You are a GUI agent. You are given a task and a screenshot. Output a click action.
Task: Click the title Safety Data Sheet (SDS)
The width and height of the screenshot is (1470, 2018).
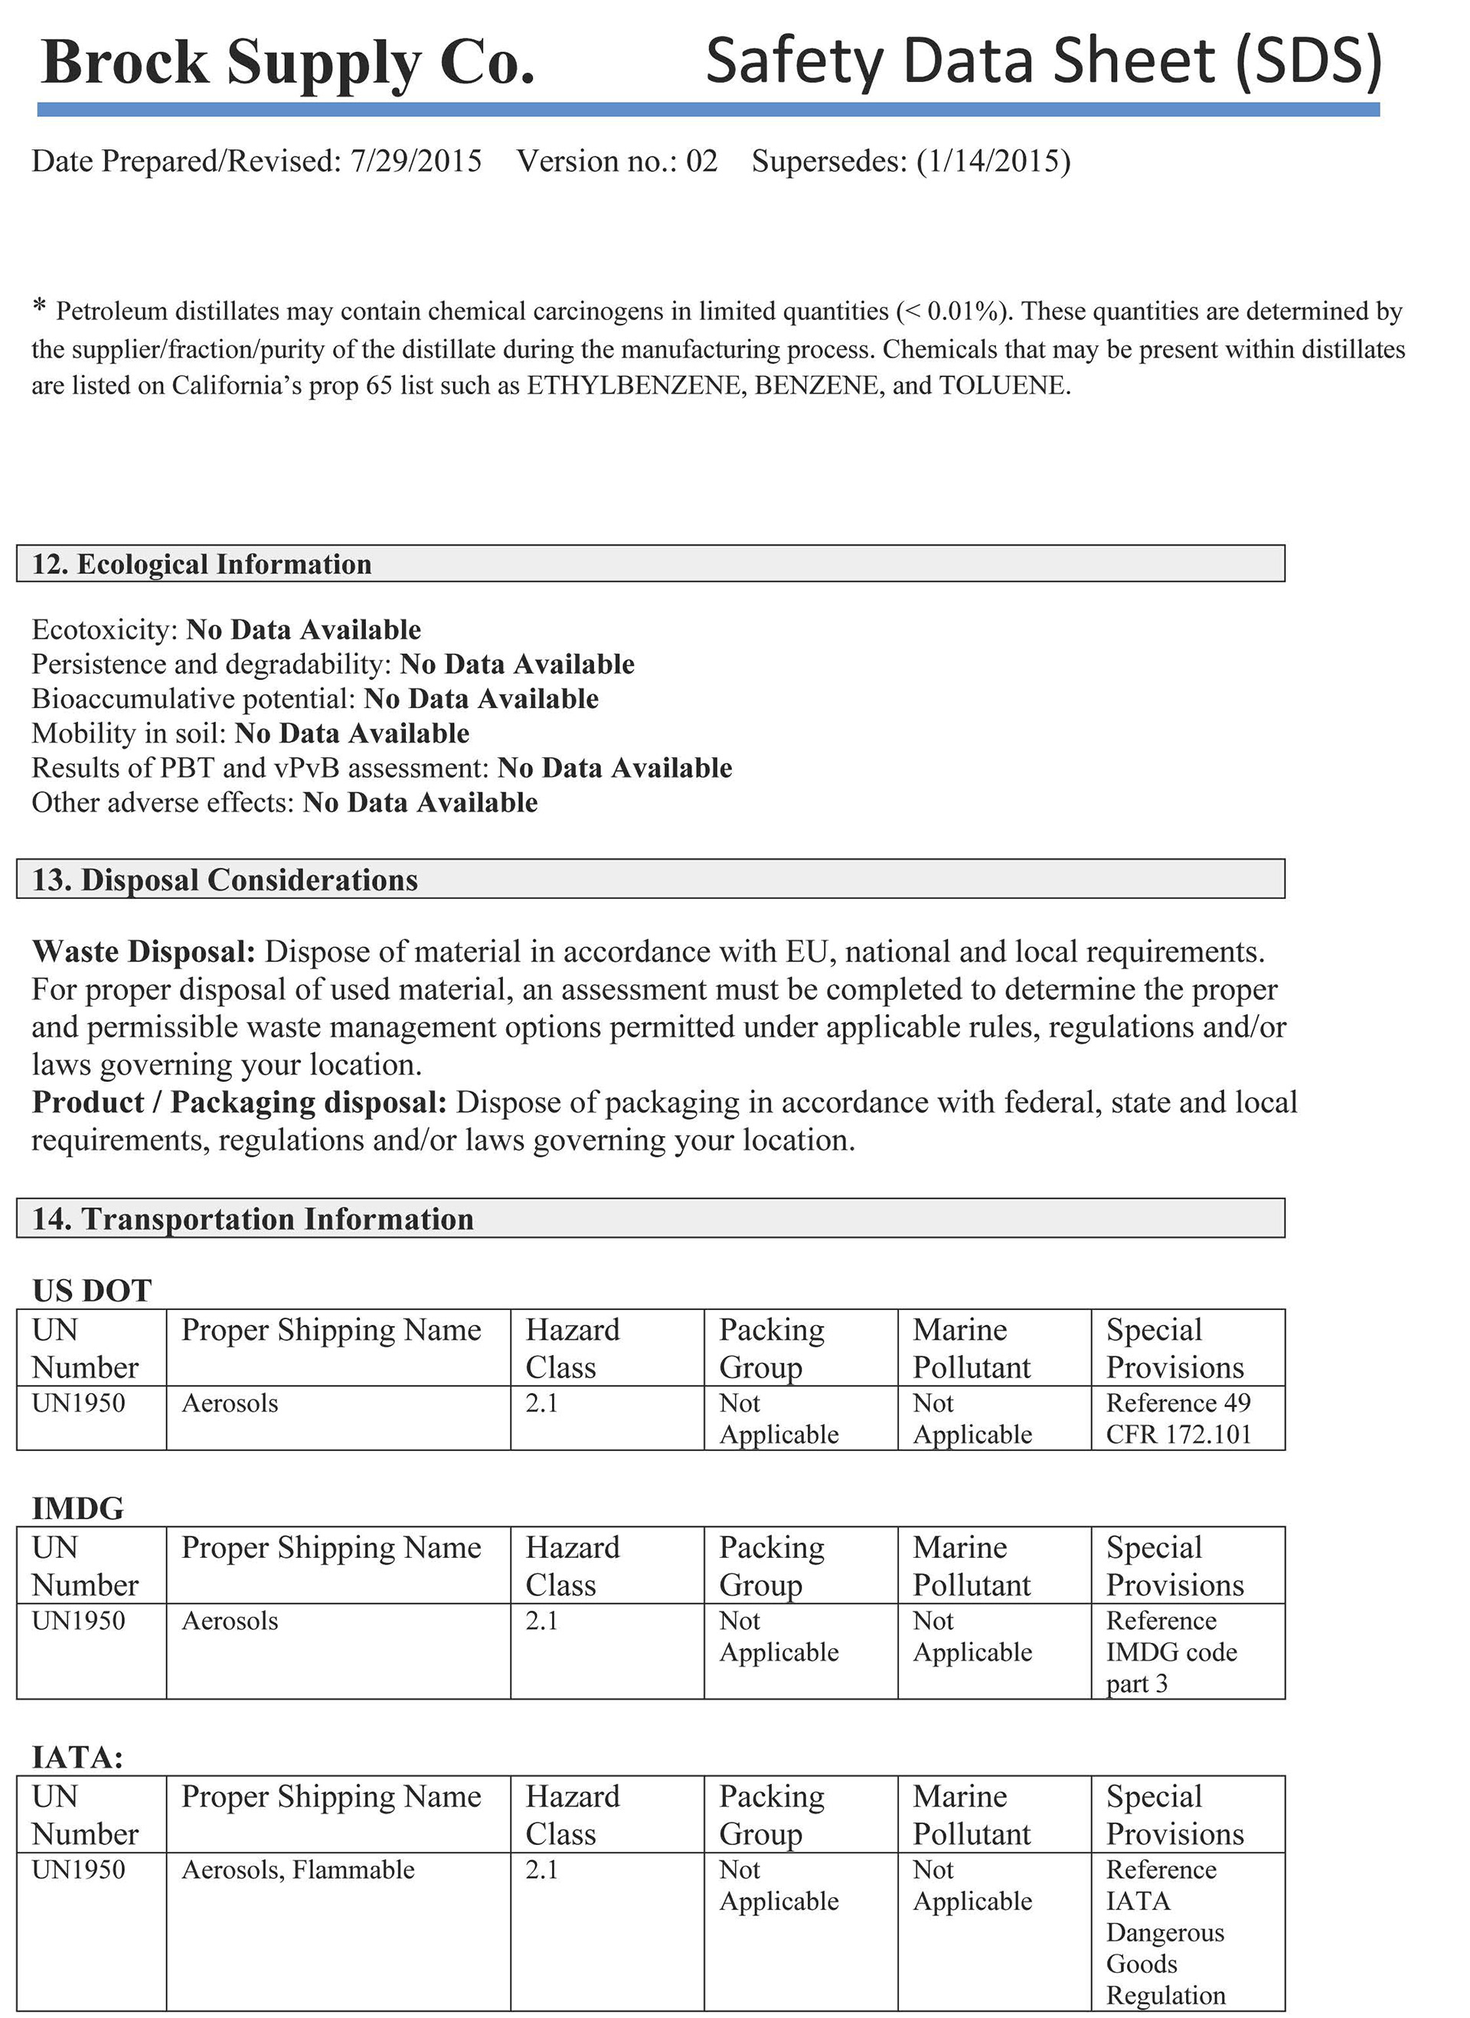pyautogui.click(x=1043, y=60)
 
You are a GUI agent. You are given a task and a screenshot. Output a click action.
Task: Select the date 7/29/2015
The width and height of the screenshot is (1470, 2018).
pyautogui.click(x=416, y=161)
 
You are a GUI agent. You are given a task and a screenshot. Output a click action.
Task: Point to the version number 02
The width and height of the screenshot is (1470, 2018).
pyautogui.click(x=701, y=161)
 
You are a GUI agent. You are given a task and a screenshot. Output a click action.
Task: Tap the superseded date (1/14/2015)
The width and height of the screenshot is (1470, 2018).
pyautogui.click(x=993, y=161)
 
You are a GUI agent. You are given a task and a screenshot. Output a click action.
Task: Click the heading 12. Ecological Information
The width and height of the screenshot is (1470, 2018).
pyautogui.click(x=202, y=564)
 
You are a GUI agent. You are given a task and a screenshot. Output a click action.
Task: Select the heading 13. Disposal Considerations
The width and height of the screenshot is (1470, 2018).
pyautogui.click(x=225, y=880)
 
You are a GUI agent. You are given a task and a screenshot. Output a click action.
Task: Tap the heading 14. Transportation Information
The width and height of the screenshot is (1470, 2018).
pyautogui.click(x=253, y=1219)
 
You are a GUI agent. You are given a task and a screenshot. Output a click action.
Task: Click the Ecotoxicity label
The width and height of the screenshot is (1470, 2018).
pyautogui.click(x=106, y=630)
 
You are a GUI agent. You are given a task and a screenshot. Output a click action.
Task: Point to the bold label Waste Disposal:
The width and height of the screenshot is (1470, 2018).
pyautogui.click(x=144, y=952)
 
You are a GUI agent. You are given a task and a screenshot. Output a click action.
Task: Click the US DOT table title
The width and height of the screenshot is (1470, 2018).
pyautogui.click(x=92, y=1291)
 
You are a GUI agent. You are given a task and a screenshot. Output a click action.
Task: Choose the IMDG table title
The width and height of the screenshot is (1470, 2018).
pyautogui.click(x=78, y=1509)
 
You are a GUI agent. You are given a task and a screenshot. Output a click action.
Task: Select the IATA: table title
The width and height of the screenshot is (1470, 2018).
pyautogui.click(x=77, y=1757)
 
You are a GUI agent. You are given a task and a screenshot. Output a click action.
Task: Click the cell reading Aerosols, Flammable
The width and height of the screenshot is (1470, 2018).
pyautogui.click(x=298, y=1869)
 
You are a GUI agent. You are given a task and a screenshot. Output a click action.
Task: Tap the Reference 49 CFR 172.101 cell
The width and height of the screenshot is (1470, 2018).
pyautogui.click(x=1178, y=1419)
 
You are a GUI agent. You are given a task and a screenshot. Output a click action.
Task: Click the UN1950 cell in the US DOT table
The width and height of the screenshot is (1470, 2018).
pyautogui.click(x=78, y=1403)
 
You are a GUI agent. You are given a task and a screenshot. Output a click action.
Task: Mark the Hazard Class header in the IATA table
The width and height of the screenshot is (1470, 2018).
pyautogui.click(x=572, y=1815)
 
